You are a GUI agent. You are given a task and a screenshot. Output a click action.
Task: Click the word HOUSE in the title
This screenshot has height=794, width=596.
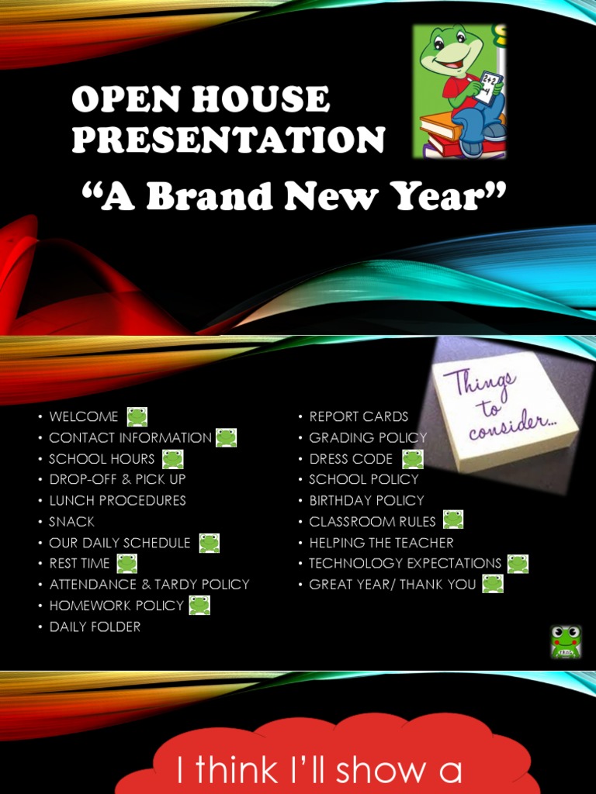click(x=265, y=100)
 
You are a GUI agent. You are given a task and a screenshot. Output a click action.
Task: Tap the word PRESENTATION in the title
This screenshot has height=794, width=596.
click(x=229, y=140)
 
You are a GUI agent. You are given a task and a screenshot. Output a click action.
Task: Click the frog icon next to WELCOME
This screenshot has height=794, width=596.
click(x=137, y=416)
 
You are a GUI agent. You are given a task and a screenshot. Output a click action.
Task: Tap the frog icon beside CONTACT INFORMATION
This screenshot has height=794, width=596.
click(x=226, y=437)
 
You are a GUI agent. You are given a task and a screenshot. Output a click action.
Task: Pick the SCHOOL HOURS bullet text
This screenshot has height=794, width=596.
click(x=102, y=459)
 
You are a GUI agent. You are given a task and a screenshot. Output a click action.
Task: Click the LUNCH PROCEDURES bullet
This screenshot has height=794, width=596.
click(x=117, y=501)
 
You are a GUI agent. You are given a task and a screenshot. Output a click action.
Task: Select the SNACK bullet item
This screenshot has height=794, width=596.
click(x=71, y=522)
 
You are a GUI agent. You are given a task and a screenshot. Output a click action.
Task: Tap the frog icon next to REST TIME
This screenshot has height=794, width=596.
click(x=126, y=564)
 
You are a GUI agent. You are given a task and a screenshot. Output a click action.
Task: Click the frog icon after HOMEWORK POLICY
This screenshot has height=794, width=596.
click(x=199, y=605)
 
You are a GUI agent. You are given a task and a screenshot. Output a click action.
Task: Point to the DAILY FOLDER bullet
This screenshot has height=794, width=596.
click(x=95, y=627)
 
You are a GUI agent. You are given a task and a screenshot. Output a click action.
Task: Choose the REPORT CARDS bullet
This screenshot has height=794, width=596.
click(x=359, y=416)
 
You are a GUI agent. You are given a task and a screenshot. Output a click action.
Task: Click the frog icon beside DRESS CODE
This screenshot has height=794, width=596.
click(x=413, y=459)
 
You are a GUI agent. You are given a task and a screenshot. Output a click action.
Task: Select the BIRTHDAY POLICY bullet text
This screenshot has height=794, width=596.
click(x=366, y=501)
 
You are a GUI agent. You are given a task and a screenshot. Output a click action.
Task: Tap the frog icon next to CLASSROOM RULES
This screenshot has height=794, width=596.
click(x=452, y=520)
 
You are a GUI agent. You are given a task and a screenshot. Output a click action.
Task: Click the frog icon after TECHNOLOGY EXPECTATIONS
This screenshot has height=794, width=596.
click(x=518, y=564)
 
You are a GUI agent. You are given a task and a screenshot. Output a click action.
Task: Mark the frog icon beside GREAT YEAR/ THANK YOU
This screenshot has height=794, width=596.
click(x=492, y=584)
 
